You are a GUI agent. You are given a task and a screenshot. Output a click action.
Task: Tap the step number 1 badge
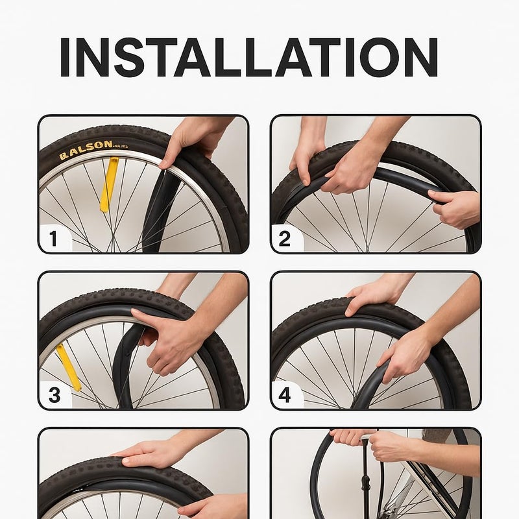pyautogui.click(x=53, y=239)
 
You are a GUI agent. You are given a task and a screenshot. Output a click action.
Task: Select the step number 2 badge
pyautogui.click(x=285, y=239)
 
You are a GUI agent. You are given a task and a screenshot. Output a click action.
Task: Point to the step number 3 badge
pyautogui.click(x=54, y=395)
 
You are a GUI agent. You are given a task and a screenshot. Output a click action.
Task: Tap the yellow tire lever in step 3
pyautogui.click(x=68, y=367)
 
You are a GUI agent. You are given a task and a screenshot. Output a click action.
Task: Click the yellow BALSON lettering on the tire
pyautogui.click(x=86, y=150)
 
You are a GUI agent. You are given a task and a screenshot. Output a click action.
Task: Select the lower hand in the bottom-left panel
pyautogui.click(x=214, y=506)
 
